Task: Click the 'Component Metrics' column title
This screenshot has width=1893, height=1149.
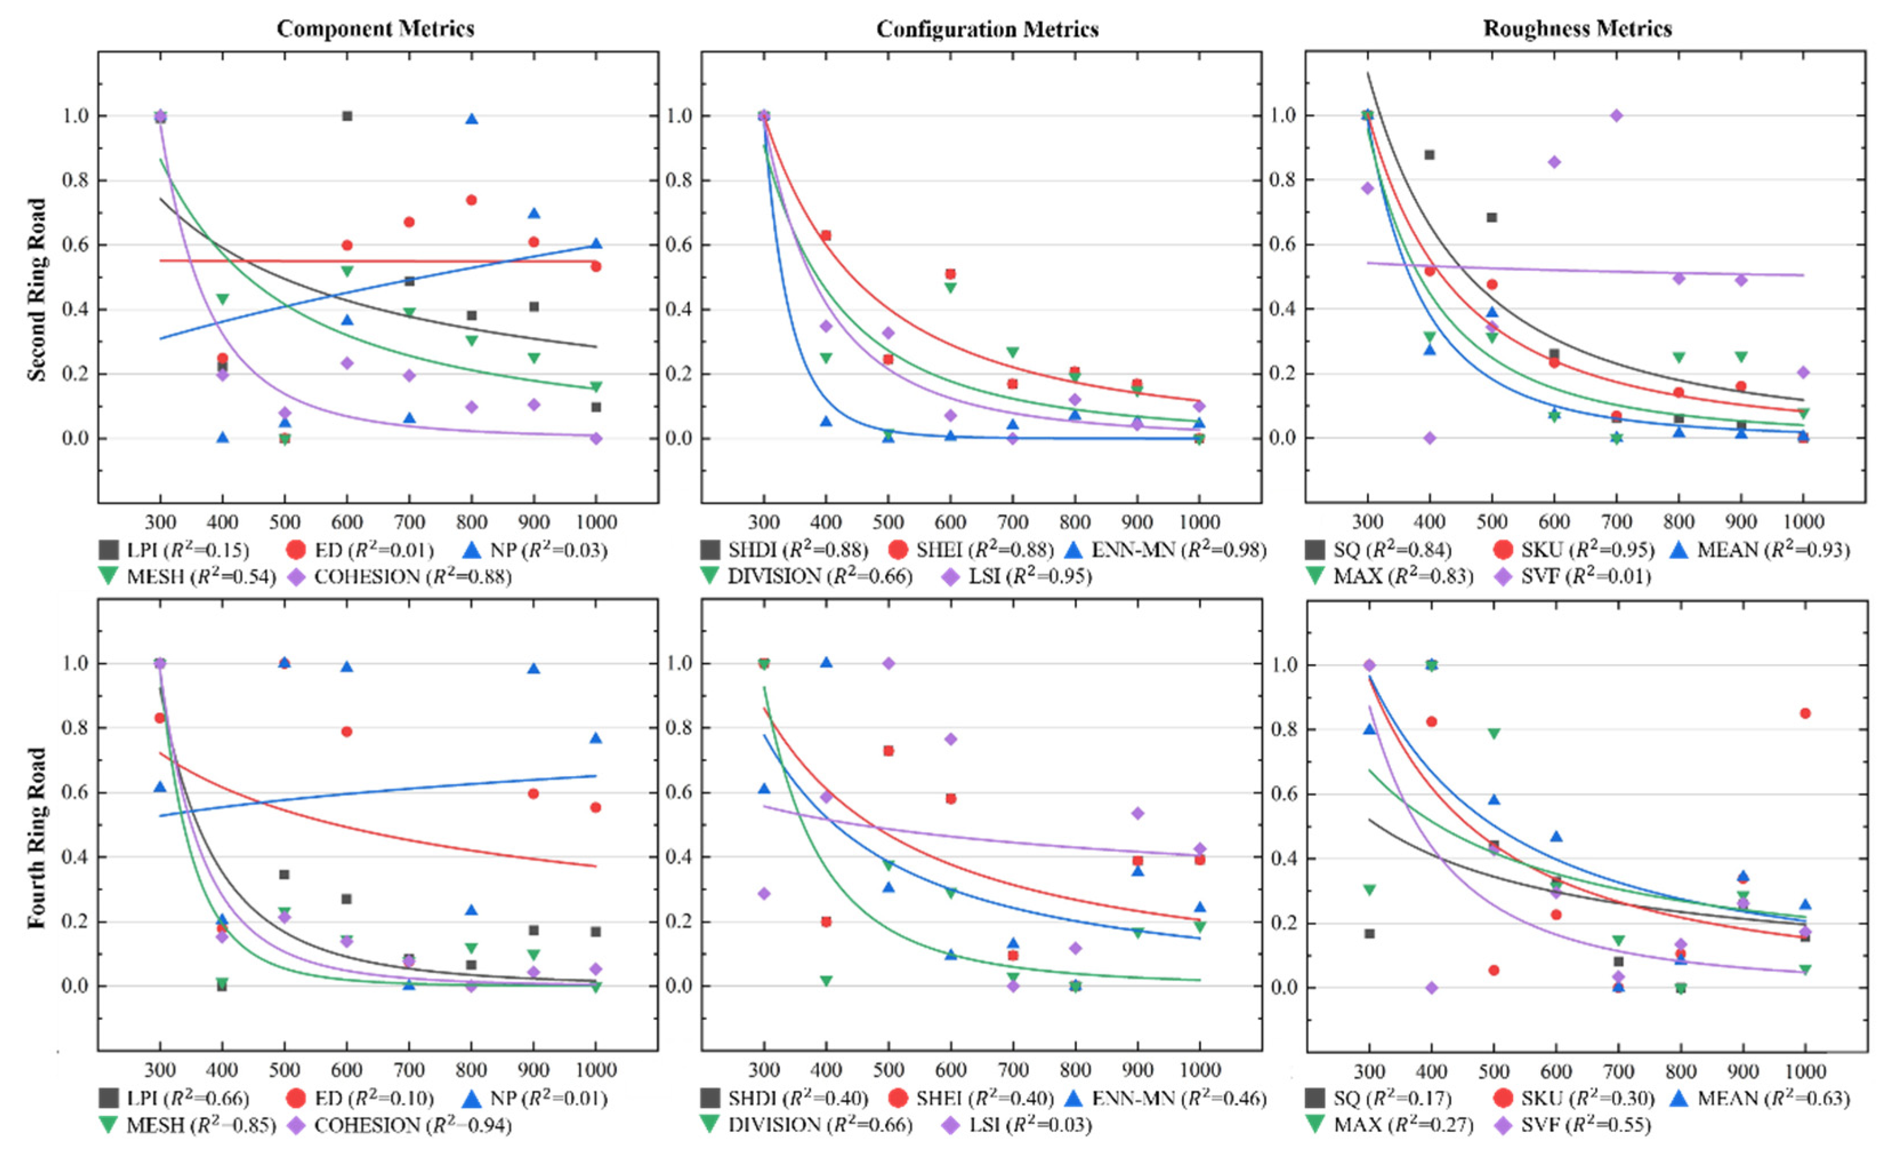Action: [x=375, y=29]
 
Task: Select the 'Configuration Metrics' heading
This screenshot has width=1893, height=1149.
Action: [x=987, y=29]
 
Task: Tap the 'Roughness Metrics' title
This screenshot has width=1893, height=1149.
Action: [x=1577, y=29]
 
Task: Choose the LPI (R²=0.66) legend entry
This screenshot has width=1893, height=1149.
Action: [x=175, y=1098]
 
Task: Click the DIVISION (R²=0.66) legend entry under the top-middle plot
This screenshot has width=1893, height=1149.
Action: [x=806, y=576]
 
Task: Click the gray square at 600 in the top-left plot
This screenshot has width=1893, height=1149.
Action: [x=347, y=116]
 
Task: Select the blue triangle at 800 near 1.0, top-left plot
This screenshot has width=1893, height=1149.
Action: [x=472, y=119]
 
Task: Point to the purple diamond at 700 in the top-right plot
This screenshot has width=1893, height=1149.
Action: [x=1616, y=115]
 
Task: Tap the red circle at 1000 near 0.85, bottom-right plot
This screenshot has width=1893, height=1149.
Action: [x=1805, y=713]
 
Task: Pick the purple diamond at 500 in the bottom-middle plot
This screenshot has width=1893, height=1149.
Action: [x=888, y=663]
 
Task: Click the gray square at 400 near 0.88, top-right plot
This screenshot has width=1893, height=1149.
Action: [x=1430, y=155]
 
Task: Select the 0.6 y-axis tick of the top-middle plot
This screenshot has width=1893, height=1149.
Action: [x=679, y=245]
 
